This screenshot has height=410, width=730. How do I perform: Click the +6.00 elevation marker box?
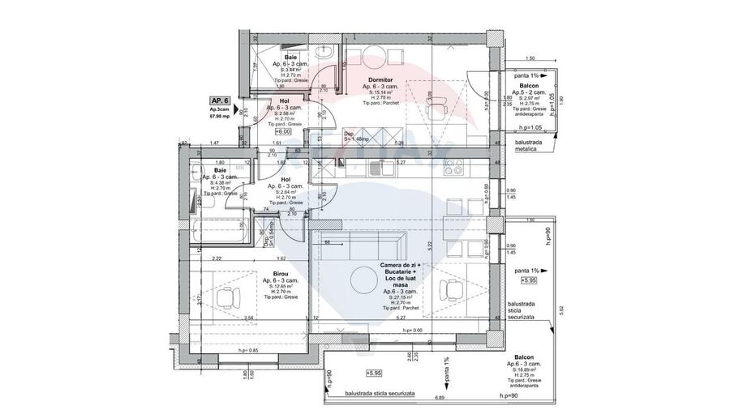point(283,130)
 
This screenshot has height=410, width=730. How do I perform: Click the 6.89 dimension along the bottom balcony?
point(440,399)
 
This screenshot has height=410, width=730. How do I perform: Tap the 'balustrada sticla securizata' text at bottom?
point(380,393)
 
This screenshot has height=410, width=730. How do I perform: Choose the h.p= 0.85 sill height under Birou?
point(249,350)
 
